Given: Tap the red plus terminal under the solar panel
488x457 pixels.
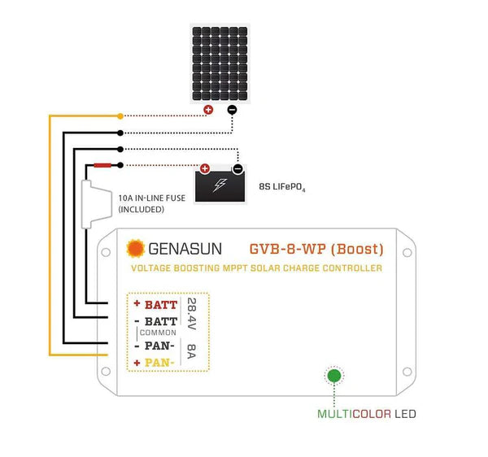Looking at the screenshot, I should tap(208, 110).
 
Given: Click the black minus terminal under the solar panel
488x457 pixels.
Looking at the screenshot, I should tap(232, 110).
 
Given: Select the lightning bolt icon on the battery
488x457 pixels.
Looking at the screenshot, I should tap(220, 185).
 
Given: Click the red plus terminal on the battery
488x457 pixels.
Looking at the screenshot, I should tap(205, 169).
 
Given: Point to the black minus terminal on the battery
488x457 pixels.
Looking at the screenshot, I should tap(237, 169).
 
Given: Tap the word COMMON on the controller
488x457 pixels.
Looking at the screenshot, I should tap(156, 333).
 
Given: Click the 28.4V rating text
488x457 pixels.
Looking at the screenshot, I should tap(190, 314).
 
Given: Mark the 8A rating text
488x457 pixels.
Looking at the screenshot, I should tap(190, 353).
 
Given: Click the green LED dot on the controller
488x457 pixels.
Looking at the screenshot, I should tap(333, 376).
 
